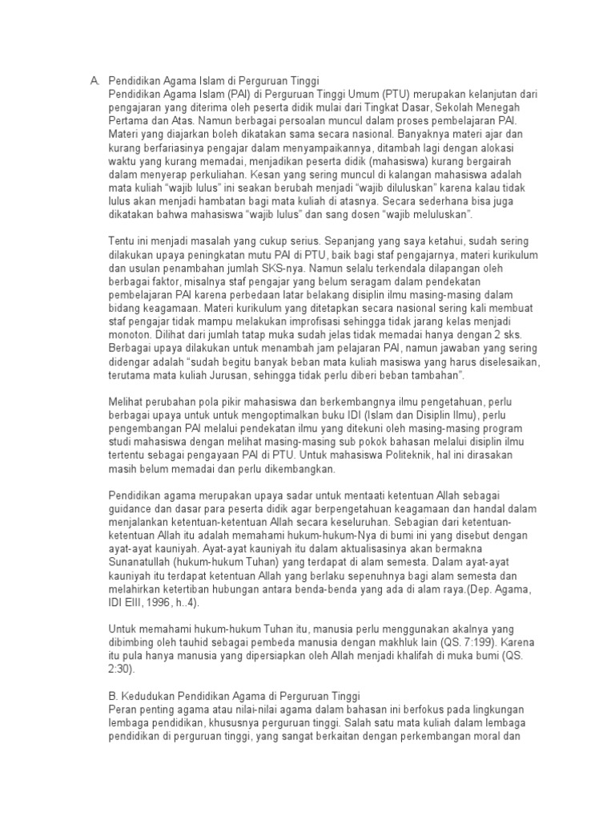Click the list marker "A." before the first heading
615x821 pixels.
pos(93,81)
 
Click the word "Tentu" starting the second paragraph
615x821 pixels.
pos(121,241)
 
